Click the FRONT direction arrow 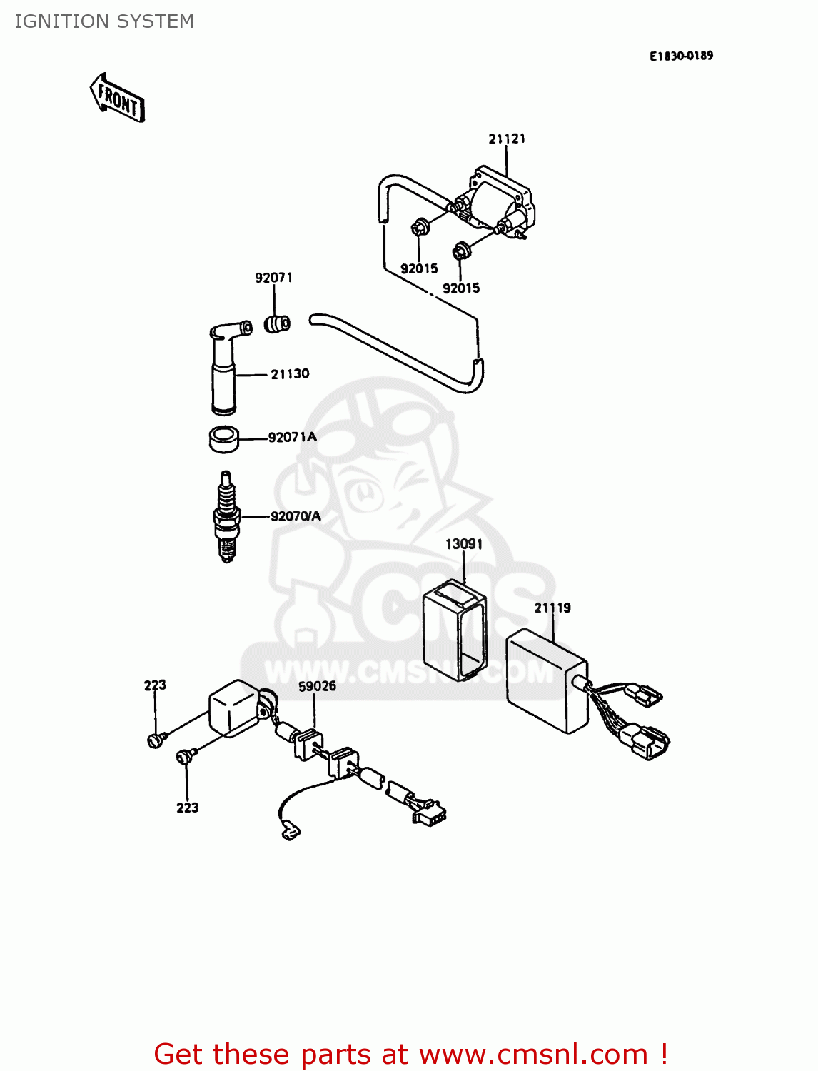[118, 99]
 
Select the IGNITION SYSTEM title [104, 21]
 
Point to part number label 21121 [507, 139]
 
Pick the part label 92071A [292, 437]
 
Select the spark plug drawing [226, 516]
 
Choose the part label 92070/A [296, 516]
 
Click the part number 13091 [464, 544]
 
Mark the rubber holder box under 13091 [455, 628]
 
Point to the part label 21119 [552, 608]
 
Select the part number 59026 [317, 686]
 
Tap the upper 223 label [155, 685]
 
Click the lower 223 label [187, 808]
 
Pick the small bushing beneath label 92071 [278, 323]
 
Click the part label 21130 [290, 373]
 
